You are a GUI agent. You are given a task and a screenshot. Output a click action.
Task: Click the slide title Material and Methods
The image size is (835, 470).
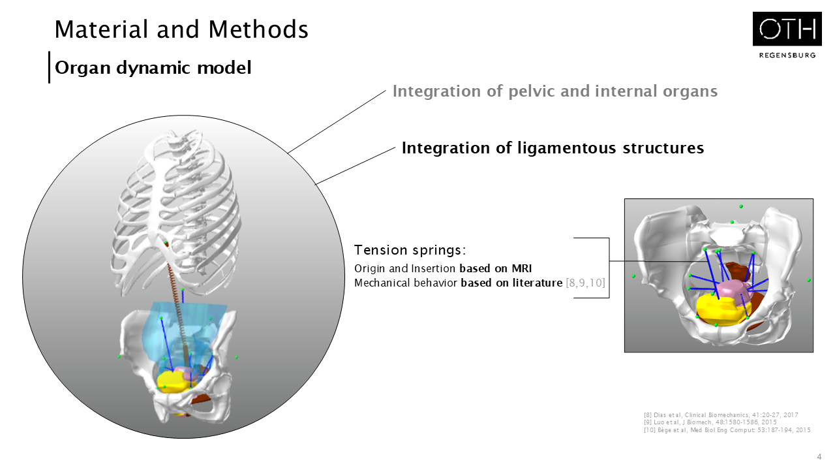click(x=181, y=29)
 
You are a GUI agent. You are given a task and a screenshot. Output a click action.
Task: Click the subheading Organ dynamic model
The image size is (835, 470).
click(x=153, y=67)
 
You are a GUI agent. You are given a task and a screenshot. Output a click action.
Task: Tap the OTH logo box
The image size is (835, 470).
click(x=787, y=29)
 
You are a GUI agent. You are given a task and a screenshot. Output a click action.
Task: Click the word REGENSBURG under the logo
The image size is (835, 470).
click(x=787, y=55)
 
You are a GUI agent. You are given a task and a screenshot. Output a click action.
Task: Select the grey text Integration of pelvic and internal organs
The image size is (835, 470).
click(x=554, y=91)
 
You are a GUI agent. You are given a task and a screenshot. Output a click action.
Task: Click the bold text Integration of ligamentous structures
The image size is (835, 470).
click(x=553, y=148)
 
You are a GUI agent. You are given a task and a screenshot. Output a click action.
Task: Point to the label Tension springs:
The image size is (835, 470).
click(x=410, y=250)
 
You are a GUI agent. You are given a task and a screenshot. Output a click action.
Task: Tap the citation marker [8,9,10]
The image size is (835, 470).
click(x=586, y=283)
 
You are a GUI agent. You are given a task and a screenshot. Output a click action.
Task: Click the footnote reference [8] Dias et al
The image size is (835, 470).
click(x=721, y=415)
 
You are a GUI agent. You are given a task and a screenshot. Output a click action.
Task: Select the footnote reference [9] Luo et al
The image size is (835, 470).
click(x=710, y=422)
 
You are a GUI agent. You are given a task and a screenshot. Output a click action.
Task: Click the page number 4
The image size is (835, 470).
click(x=819, y=456)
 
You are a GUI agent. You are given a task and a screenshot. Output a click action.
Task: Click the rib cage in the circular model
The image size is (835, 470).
click(x=176, y=196)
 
